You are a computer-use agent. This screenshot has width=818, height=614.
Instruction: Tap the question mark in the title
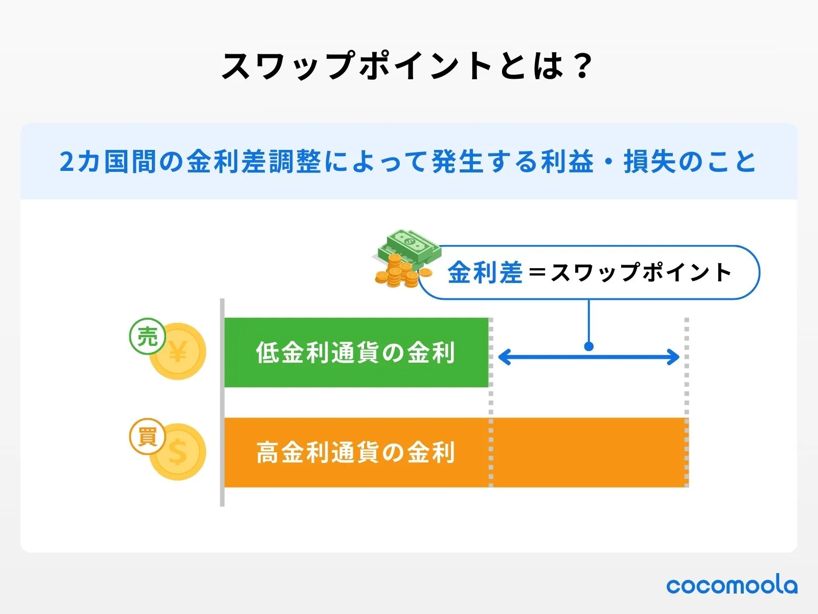(582, 67)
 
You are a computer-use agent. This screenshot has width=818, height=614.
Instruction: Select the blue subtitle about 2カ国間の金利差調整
(408, 162)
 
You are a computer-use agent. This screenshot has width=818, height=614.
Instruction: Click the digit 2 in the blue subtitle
(67, 162)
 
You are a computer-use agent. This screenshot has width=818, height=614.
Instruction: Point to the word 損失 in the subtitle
(649, 162)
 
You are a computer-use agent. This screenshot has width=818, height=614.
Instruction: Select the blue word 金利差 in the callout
(485, 272)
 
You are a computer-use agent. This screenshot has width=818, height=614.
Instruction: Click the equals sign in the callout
(537, 272)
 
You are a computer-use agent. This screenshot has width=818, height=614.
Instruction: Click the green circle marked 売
(147, 337)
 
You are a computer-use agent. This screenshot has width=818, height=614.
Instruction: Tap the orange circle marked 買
(147, 437)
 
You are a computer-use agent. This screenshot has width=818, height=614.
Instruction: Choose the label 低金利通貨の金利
(355, 353)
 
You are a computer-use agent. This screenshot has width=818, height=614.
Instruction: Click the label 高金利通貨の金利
(355, 453)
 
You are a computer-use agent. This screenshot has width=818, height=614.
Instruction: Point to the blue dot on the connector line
(588, 346)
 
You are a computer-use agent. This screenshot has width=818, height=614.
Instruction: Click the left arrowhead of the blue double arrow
(504, 357)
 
